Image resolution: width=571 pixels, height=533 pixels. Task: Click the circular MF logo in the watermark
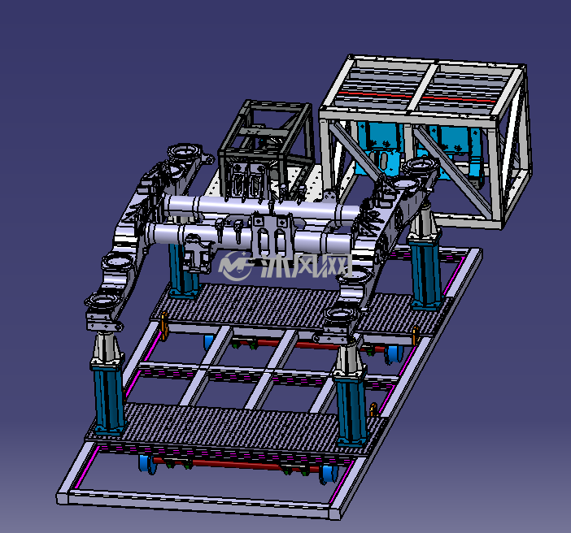coord(236,265)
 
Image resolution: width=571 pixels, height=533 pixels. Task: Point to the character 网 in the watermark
coord(337,265)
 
